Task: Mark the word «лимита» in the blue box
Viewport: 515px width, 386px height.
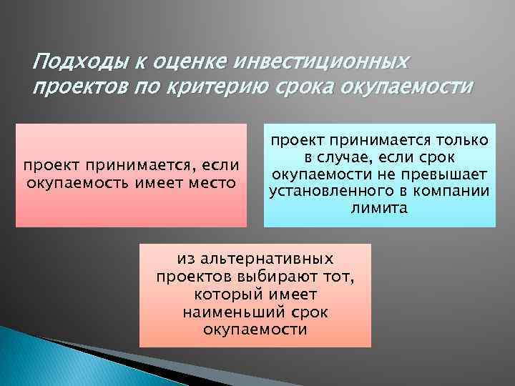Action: (379, 208)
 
